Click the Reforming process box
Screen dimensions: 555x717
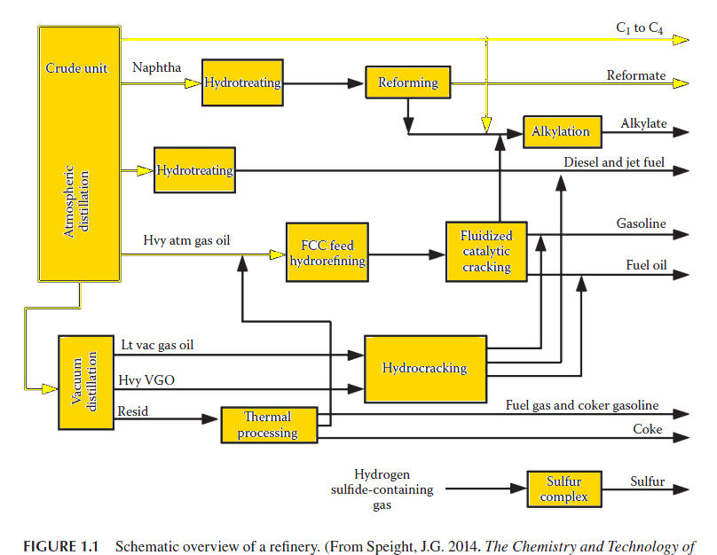coord(407,82)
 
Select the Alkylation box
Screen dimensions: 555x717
coord(560,131)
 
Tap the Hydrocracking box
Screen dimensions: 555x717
coord(424,367)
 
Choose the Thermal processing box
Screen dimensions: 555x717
coord(268,425)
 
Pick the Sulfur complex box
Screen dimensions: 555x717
coord(563,489)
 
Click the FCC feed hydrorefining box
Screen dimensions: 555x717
coord(327,253)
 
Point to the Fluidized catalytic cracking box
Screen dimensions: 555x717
coord(485,252)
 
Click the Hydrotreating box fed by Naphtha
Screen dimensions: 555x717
coord(242,82)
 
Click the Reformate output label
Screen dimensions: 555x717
coord(635,75)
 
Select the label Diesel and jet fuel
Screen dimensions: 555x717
coord(614,163)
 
